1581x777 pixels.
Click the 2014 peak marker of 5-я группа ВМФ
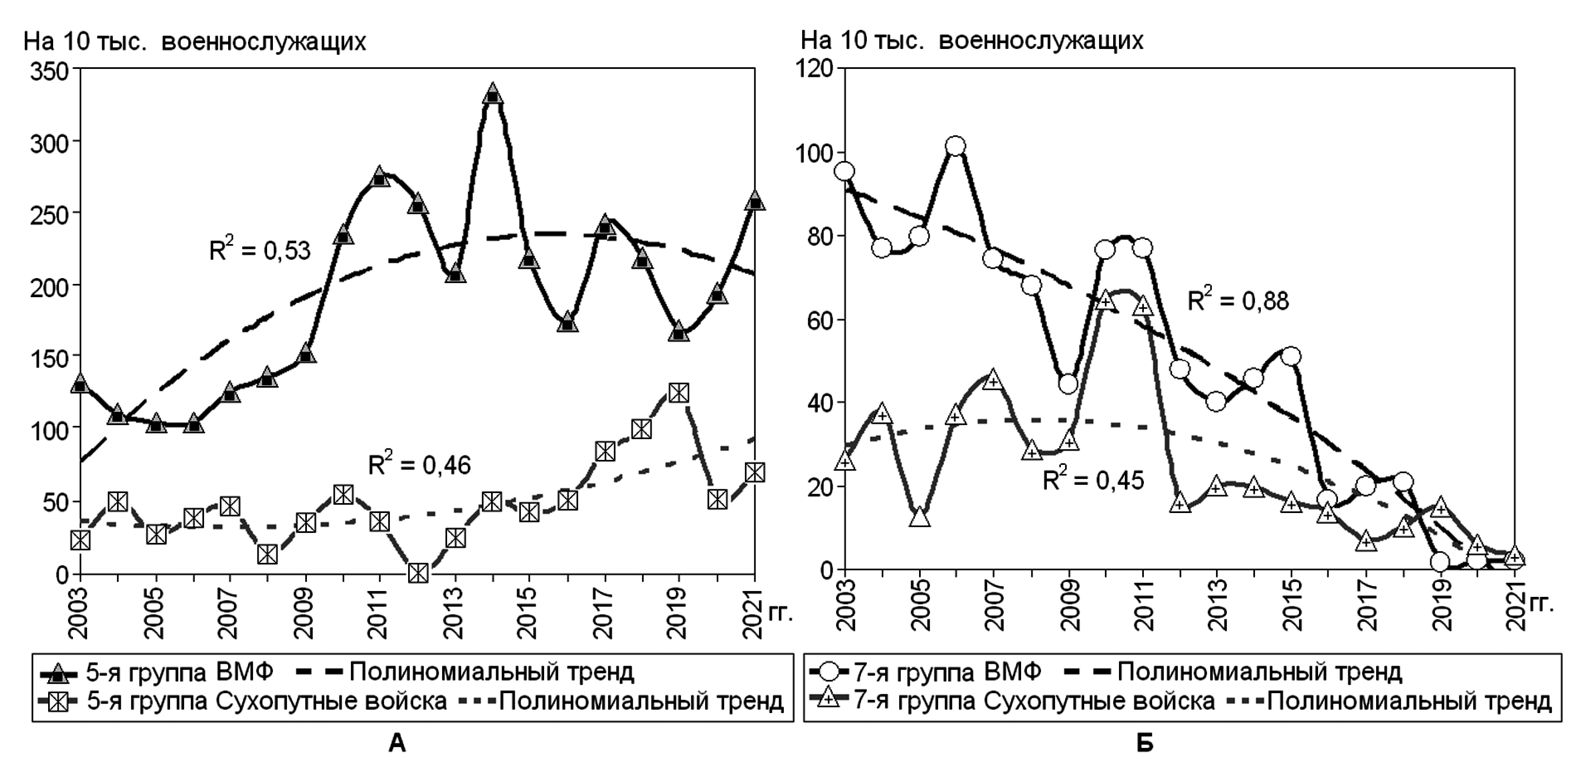493,95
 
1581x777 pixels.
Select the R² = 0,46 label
419,465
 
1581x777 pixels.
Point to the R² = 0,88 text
1238,301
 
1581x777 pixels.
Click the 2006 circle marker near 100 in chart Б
956,146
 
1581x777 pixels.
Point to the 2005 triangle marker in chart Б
919,517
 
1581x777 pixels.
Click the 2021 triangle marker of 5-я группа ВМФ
754,201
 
